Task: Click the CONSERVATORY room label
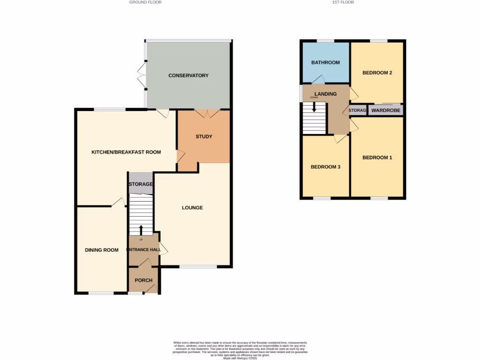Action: coord(188,75)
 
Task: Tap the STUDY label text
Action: coord(204,137)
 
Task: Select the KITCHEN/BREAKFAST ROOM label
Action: coord(126,152)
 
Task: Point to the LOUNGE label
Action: coord(193,208)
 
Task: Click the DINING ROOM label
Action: coord(102,250)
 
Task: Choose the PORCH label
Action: coord(143,281)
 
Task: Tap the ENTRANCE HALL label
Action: coord(144,250)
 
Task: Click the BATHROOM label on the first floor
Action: coord(325,62)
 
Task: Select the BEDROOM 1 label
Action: coord(377,157)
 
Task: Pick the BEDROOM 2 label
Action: coord(377,73)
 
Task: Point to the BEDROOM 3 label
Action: coord(325,167)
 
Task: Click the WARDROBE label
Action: coord(386,111)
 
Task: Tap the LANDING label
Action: coord(325,94)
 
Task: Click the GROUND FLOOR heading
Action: coord(145,2)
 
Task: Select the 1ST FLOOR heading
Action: coord(343,2)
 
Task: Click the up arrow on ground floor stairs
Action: coord(141,230)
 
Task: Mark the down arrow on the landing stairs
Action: coord(314,106)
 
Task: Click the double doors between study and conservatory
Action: coord(207,113)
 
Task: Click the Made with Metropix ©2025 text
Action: coord(240,358)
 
